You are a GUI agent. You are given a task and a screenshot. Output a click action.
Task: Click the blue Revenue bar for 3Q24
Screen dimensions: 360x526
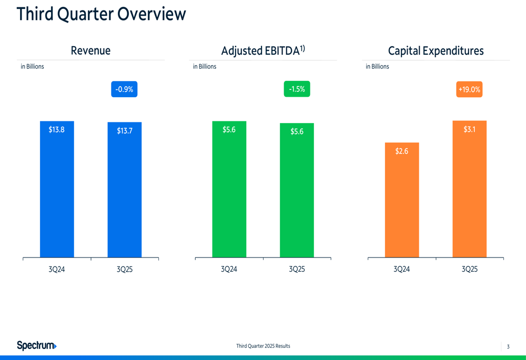[57, 194]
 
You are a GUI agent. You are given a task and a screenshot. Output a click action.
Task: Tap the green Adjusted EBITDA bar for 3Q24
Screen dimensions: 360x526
[229, 194]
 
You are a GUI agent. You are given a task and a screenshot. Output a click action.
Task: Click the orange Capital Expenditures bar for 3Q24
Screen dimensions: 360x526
[402, 205]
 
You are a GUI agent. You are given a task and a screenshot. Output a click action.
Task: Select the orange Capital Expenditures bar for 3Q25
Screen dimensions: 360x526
[469, 194]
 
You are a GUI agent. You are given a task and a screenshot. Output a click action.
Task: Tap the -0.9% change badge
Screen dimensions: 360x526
[124, 89]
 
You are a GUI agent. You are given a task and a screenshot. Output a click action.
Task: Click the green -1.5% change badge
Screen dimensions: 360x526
[297, 89]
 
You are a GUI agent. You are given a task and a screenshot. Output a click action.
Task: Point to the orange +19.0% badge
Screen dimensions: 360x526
[469, 89]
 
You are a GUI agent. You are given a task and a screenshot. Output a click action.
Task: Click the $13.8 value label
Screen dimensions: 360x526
[57, 130]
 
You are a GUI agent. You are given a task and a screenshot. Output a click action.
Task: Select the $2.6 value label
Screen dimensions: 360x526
[402, 151]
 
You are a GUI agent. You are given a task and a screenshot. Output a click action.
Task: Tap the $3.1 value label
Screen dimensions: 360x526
[469, 129]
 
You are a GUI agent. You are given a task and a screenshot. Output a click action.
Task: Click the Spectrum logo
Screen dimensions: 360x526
[37, 345]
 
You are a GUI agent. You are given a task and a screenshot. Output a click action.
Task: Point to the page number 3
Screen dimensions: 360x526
[508, 346]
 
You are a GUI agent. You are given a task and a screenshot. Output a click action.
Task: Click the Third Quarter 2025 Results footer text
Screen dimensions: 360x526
[263, 346]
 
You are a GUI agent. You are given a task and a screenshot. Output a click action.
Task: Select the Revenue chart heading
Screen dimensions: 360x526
[90, 51]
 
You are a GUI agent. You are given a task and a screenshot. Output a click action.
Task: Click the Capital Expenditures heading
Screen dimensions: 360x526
[436, 51]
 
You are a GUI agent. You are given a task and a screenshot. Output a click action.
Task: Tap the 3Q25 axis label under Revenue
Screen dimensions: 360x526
[125, 269]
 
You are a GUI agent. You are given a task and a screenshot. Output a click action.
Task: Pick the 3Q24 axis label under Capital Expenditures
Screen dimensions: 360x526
[402, 269]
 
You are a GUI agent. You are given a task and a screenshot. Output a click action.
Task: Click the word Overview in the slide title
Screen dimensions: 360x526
[152, 14]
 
